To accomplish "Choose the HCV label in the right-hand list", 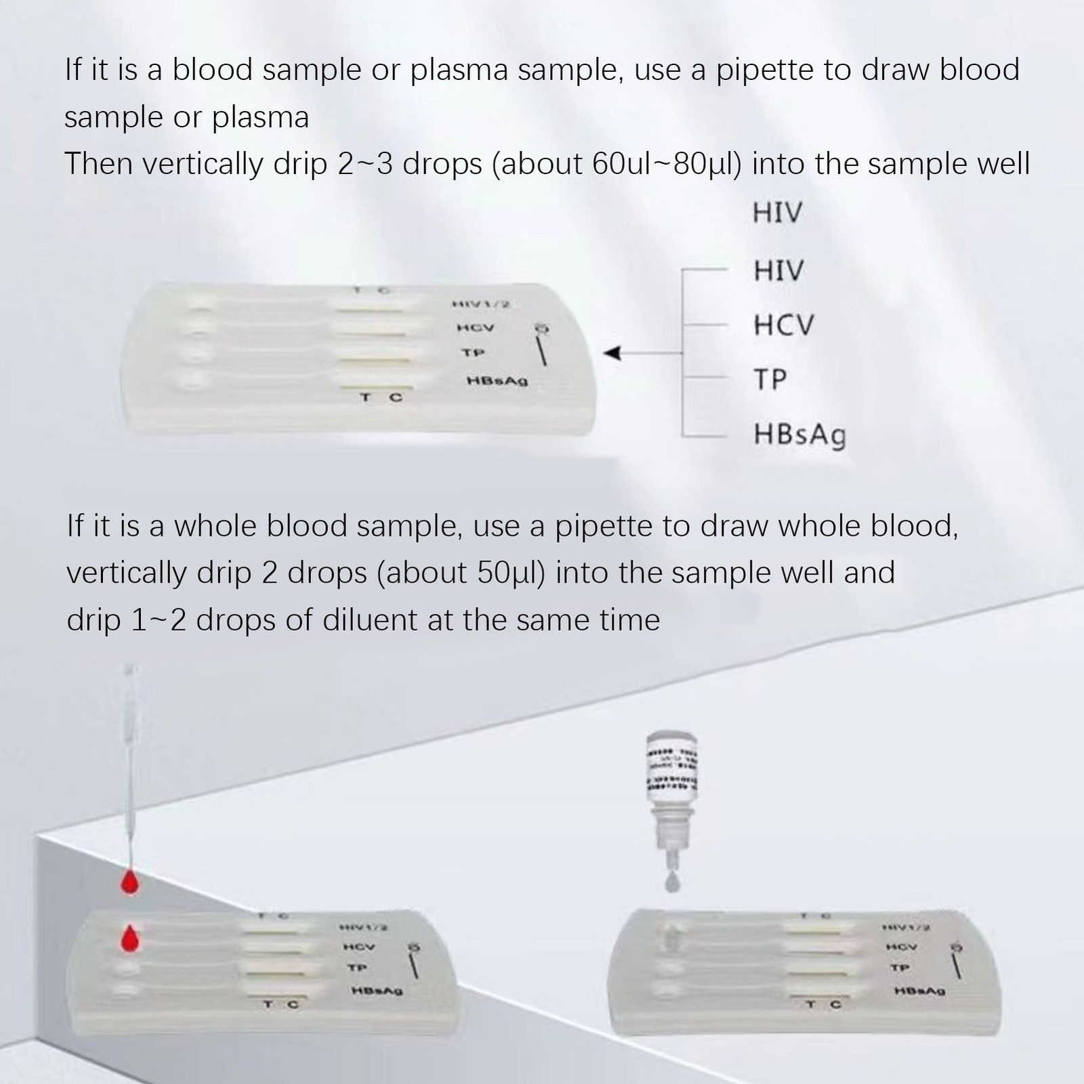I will tap(783, 326).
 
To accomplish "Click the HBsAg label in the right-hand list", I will tap(799, 434).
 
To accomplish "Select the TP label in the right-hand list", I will tap(770, 379).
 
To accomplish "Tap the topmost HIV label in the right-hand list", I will tap(777, 213).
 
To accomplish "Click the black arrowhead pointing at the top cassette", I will tap(613, 353).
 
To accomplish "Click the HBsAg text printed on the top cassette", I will tap(497, 381).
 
